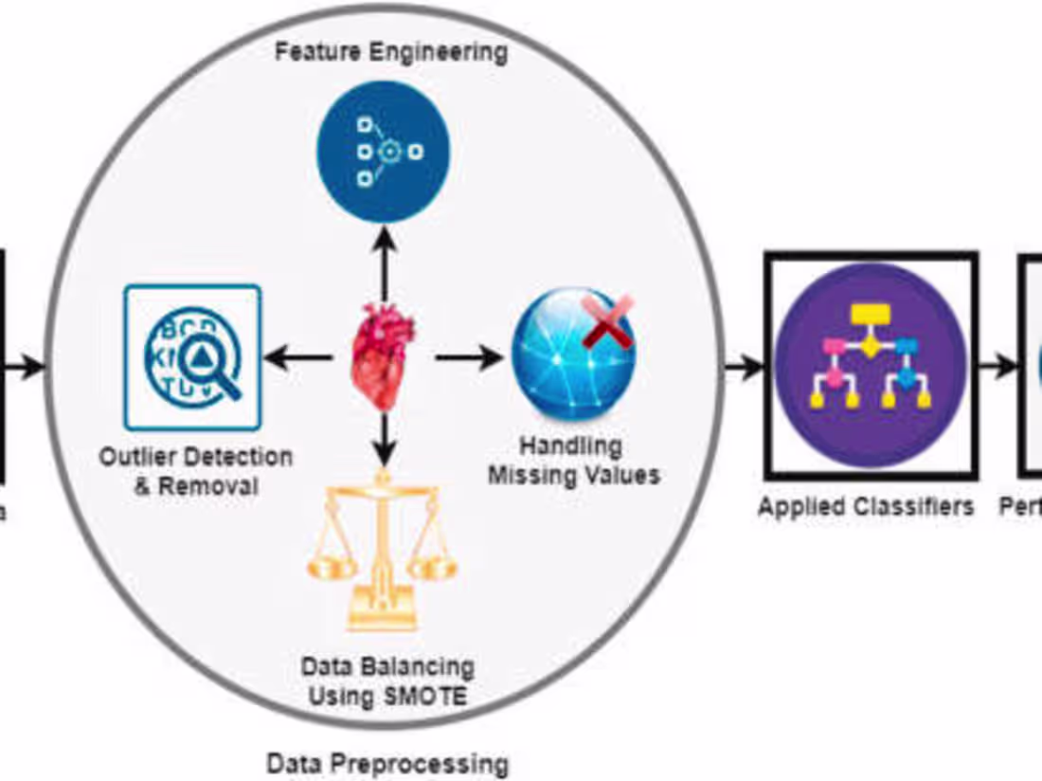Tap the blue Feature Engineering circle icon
383,153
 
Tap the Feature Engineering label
390,51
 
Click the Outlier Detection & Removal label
196,471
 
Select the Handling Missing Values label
573,460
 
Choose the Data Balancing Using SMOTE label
386,681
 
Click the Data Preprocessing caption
386,763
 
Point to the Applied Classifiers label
865,507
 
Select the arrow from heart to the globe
469,358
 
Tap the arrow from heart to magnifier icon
297,358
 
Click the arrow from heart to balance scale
383,438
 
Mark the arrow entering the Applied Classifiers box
745,366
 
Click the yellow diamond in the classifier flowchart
870,347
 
